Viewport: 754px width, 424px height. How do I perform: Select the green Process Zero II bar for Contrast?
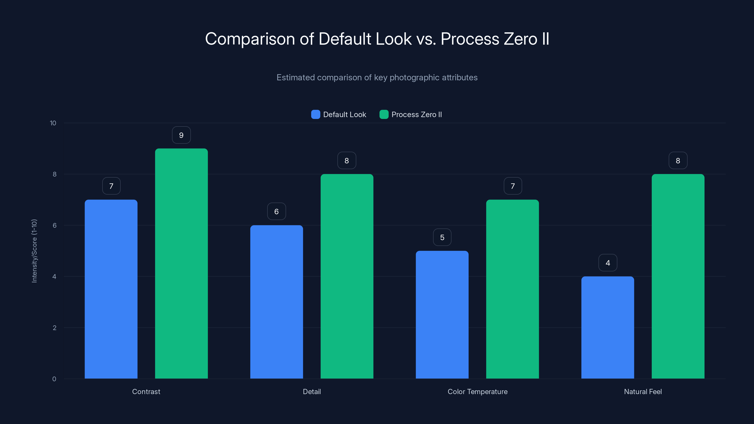pyautogui.click(x=181, y=263)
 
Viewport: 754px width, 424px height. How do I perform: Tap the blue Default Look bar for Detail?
pyautogui.click(x=276, y=302)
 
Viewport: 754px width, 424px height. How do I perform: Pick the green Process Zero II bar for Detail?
pyautogui.click(x=347, y=276)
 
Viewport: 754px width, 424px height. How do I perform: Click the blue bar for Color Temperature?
pyautogui.click(x=442, y=314)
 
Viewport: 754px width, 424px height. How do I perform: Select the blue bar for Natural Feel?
pyautogui.click(x=608, y=327)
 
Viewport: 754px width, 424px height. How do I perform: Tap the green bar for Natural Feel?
pyautogui.click(x=678, y=276)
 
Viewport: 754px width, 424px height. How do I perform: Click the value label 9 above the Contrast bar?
pyautogui.click(x=181, y=135)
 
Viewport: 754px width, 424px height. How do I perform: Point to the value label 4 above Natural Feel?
pyautogui.click(x=608, y=263)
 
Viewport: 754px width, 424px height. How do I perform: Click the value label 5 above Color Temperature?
pyautogui.click(x=442, y=237)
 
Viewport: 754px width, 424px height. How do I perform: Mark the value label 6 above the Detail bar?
pyautogui.click(x=276, y=212)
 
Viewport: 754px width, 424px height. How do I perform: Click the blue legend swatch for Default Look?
pyautogui.click(x=316, y=114)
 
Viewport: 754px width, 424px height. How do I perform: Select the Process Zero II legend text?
pyautogui.click(x=417, y=114)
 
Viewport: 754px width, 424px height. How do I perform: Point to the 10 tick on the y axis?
pyautogui.click(x=53, y=123)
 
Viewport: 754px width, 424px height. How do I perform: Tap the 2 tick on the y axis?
pyautogui.click(x=54, y=328)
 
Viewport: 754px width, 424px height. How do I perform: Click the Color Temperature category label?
pyautogui.click(x=477, y=391)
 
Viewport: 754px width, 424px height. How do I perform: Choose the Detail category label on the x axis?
pyautogui.click(x=312, y=391)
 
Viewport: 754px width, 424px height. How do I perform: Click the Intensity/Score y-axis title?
pyautogui.click(x=34, y=251)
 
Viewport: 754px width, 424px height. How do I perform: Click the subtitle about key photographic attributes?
pyautogui.click(x=377, y=77)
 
